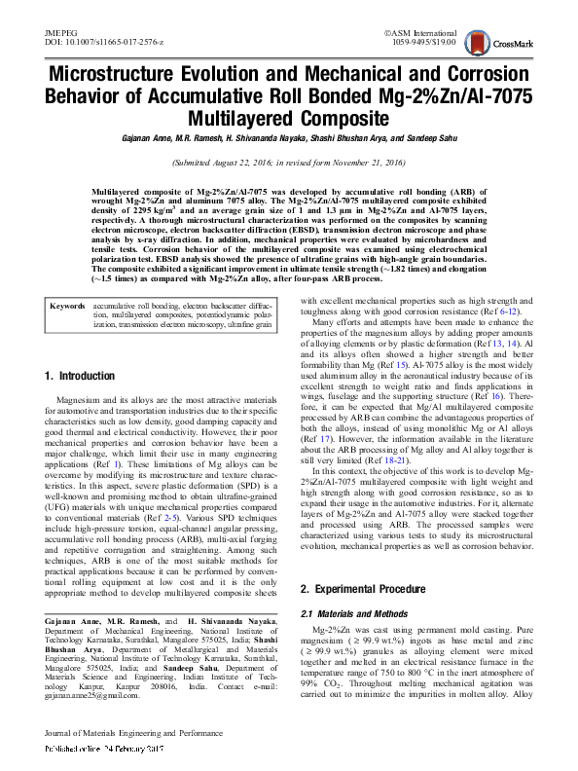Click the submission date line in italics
click(289, 164)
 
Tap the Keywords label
click(69, 278)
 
